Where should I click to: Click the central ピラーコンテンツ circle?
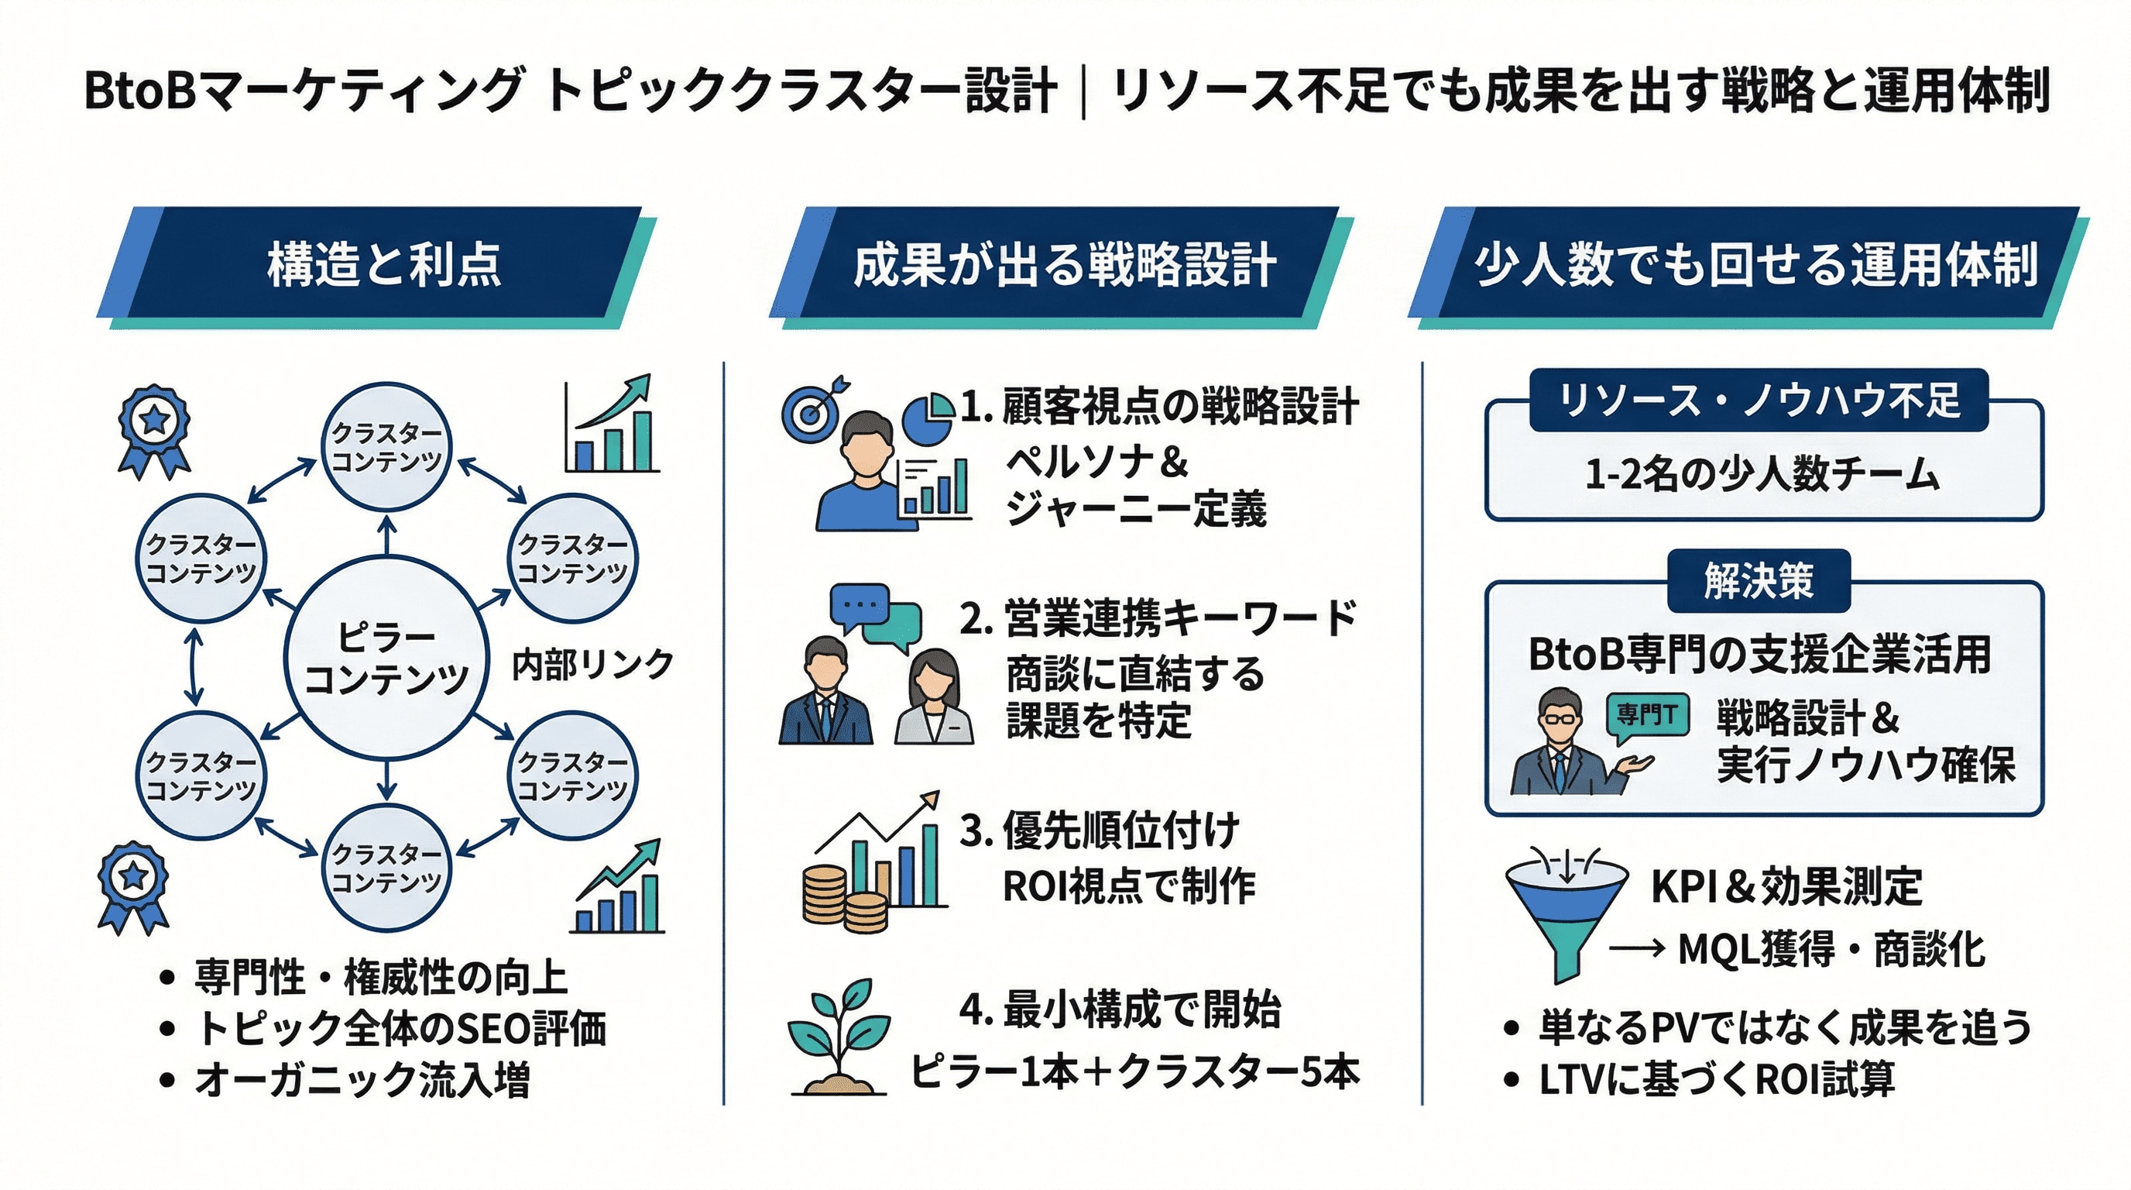(386, 658)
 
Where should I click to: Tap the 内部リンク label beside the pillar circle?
(592, 665)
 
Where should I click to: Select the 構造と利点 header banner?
(383, 265)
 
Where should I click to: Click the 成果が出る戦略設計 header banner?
(1064, 265)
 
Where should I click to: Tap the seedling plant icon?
(837, 1039)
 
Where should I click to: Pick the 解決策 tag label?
(1759, 581)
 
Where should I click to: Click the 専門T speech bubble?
(1646, 714)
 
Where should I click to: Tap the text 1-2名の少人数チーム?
(1762, 475)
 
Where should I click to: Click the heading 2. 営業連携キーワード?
(1158, 619)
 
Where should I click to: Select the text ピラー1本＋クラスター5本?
(1135, 1071)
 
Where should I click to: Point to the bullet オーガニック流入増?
(362, 1081)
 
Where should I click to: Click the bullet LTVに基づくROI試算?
(1717, 1079)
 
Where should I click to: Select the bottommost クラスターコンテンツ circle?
(386, 867)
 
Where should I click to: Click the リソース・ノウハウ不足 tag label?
(1759, 401)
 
